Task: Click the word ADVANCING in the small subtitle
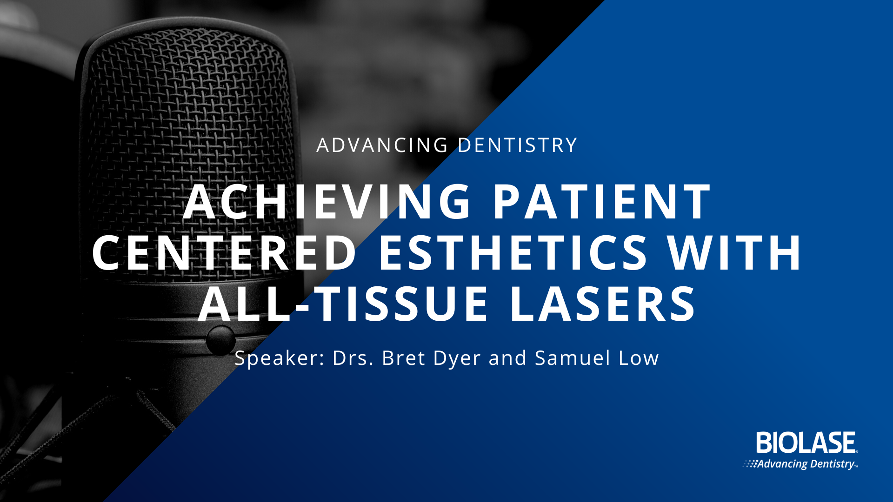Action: pos(382,145)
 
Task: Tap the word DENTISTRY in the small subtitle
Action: pos(518,145)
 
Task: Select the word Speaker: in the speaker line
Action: pos(280,358)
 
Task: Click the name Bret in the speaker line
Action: pos(404,358)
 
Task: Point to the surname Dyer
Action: pos(456,359)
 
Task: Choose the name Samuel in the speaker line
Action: pos(573,358)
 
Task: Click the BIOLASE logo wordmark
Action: pos(806,443)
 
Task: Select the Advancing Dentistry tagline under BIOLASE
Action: pos(807,464)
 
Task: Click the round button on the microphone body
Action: pos(220,340)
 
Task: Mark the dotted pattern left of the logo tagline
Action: pos(750,463)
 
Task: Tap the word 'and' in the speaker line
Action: pos(507,358)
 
